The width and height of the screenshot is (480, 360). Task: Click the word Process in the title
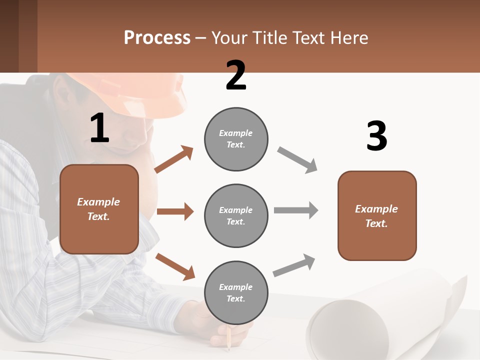point(157,38)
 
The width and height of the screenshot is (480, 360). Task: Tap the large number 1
point(99,128)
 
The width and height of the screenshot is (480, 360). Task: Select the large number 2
point(236,75)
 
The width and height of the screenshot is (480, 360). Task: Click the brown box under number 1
point(99,209)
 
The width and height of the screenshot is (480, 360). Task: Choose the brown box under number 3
point(377,215)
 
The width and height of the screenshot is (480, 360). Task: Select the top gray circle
point(236,139)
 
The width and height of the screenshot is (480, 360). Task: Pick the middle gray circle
point(236,215)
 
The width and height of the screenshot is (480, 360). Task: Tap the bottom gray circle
point(236,292)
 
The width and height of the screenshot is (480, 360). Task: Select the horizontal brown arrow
point(175,211)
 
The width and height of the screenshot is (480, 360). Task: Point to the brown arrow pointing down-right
point(175,266)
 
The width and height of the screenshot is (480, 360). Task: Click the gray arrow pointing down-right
point(297,160)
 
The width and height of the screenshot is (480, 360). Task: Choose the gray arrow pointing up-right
point(294,265)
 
